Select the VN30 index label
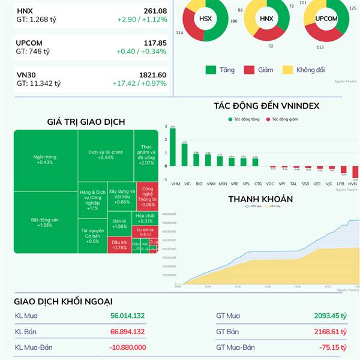tap(25, 75)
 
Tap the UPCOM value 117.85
tap(155, 43)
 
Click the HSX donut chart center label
tap(205, 19)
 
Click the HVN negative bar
tap(355, 172)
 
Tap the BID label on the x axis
tap(196, 183)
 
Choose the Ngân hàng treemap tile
tap(45, 160)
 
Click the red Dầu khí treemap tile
tap(119, 244)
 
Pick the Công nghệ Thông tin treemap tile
tap(146, 196)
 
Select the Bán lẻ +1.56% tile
tap(119, 223)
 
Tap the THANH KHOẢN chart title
tap(260, 199)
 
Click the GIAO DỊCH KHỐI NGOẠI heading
tap(63, 301)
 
